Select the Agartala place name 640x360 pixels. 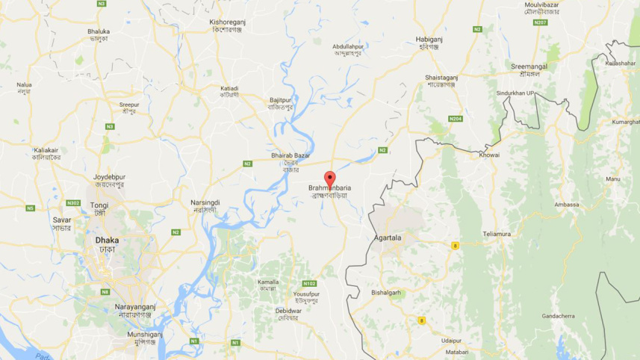[x=387, y=238]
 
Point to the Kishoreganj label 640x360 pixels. [x=229, y=22]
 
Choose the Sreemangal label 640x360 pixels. [x=529, y=66]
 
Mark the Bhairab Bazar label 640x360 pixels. [x=291, y=155]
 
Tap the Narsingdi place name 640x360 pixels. [x=205, y=202]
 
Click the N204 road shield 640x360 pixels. [x=455, y=119]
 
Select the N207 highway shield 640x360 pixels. [x=541, y=22]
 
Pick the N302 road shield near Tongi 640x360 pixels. [x=73, y=202]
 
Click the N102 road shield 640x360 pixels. [x=309, y=283]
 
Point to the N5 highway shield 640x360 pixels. [x=31, y=208]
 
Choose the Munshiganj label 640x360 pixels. [x=143, y=334]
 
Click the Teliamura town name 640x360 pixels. [x=497, y=234]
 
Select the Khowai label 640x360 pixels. [x=489, y=155]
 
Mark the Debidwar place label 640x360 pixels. [x=288, y=310]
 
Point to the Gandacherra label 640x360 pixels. [x=559, y=316]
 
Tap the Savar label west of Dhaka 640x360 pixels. [x=62, y=220]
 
